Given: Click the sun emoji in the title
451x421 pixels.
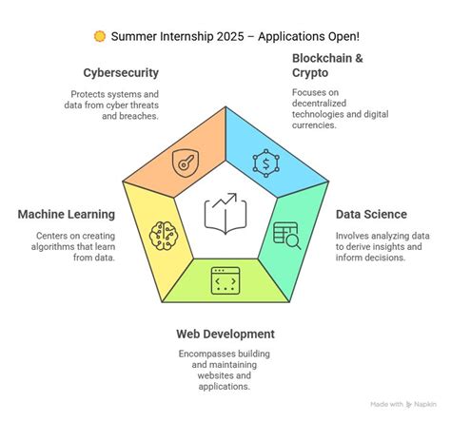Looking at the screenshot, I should (x=100, y=36).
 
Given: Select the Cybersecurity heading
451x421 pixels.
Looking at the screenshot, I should (x=121, y=72).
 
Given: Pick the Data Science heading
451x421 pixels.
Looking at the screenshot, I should (x=371, y=214).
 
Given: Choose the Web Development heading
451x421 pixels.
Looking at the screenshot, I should (x=225, y=334).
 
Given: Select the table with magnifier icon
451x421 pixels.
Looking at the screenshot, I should (x=286, y=234).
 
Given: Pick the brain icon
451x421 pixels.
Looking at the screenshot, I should (x=165, y=233).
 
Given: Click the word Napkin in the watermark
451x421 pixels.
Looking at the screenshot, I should (x=427, y=403).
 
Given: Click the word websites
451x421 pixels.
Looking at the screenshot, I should (x=225, y=374).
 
